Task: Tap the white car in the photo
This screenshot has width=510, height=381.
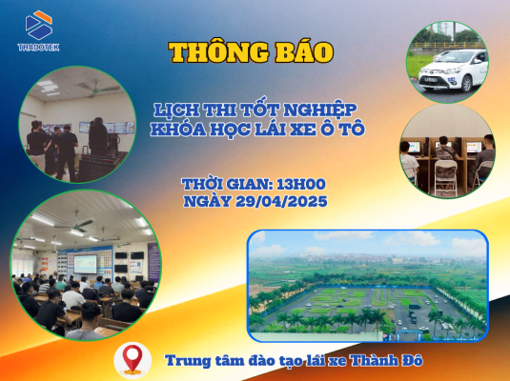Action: [447, 72]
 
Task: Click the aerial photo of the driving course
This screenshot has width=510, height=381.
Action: [367, 285]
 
